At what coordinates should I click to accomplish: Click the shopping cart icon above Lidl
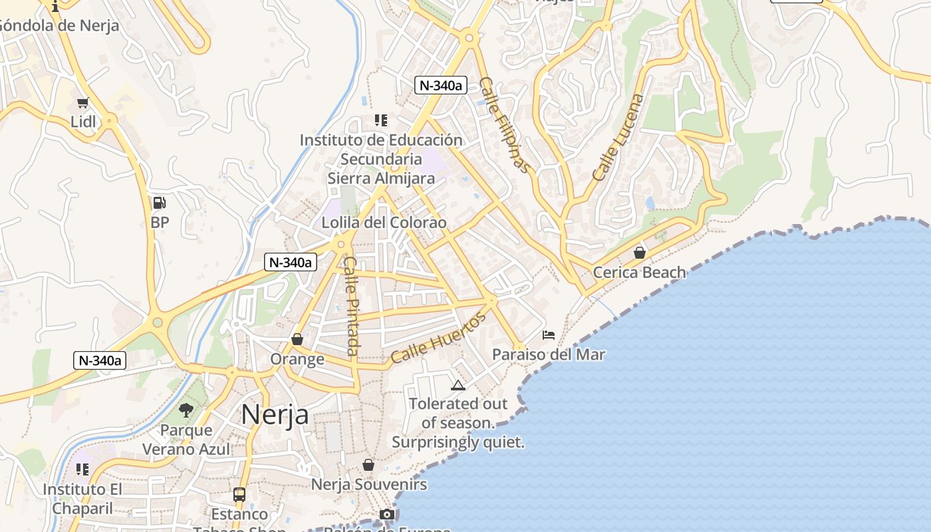pos(83,102)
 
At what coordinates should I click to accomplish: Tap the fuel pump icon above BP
pos(160,203)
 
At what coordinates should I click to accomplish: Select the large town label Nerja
pos(275,414)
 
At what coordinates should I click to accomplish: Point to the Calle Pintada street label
pos(352,305)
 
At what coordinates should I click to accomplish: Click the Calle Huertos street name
pos(438,338)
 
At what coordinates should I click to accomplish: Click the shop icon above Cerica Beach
pos(640,253)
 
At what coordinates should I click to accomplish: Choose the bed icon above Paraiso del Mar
pos(549,334)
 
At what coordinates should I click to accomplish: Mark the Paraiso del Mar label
pos(549,354)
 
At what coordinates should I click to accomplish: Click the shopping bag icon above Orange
pos(297,339)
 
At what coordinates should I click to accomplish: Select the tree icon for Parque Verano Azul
pos(186,410)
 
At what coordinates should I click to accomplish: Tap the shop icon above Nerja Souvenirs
pos(368,465)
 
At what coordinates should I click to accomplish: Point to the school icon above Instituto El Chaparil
pos(82,469)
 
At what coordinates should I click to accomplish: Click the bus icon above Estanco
pos(239,494)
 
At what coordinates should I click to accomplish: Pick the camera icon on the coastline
pos(387,514)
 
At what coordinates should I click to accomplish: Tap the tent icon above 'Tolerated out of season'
pos(458,384)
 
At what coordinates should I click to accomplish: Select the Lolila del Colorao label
pos(384,222)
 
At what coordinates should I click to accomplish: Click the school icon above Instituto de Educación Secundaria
pos(380,120)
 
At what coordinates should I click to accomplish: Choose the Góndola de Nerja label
pos(59,26)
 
